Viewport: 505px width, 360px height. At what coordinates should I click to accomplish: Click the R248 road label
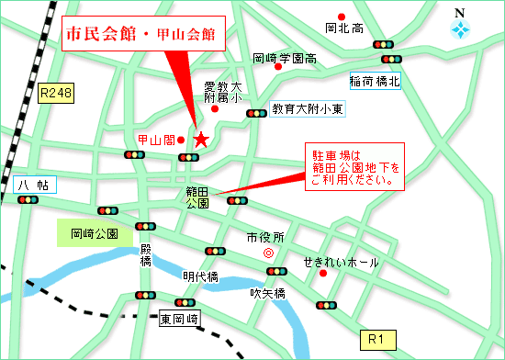tap(55, 93)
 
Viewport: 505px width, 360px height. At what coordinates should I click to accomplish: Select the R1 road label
tap(375, 341)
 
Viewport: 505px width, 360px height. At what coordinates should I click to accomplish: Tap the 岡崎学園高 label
tap(285, 58)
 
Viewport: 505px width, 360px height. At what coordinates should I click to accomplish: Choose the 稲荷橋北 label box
tap(375, 81)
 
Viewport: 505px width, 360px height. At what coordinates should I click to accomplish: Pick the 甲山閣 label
tap(155, 140)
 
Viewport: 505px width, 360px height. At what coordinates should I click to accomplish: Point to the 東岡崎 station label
tap(178, 320)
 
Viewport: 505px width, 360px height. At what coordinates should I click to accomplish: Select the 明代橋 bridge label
tap(200, 276)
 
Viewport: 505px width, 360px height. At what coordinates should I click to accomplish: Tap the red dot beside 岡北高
tap(342, 16)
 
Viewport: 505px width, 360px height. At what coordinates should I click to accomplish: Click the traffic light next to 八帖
tap(28, 199)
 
